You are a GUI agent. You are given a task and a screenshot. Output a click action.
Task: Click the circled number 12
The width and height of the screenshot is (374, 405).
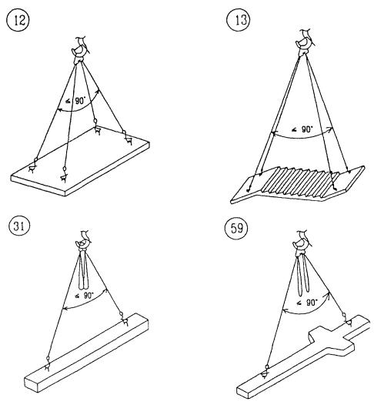(18, 21)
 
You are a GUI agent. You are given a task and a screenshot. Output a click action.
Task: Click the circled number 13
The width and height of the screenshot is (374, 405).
(238, 21)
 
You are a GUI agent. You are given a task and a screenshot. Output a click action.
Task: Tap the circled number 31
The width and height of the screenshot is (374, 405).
(19, 226)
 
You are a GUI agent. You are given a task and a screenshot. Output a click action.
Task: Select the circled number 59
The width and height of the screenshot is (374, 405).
(236, 228)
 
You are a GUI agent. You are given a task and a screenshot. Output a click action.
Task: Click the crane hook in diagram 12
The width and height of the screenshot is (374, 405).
(80, 51)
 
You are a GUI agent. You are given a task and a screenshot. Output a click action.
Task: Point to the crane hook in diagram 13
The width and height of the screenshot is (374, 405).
(305, 42)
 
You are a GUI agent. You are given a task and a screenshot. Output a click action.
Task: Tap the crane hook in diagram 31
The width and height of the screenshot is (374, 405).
(83, 242)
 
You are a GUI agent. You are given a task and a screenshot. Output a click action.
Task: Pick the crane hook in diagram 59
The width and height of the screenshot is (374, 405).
(301, 243)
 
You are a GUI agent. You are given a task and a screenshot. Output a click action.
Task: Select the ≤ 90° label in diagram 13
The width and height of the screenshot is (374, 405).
(302, 129)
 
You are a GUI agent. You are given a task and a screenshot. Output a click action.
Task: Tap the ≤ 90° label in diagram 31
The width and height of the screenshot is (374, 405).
(84, 296)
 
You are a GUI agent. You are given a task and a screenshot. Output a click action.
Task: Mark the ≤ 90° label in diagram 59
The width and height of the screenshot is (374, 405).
(307, 303)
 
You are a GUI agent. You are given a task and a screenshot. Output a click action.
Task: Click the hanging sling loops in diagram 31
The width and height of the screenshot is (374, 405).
(84, 271)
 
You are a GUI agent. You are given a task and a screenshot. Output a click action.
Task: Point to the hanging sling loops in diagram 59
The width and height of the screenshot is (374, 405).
(303, 275)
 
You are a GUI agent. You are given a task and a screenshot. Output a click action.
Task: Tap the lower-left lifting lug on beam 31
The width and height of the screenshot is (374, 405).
(48, 365)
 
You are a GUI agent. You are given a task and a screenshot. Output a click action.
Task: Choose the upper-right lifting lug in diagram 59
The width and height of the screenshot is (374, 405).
(346, 320)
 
